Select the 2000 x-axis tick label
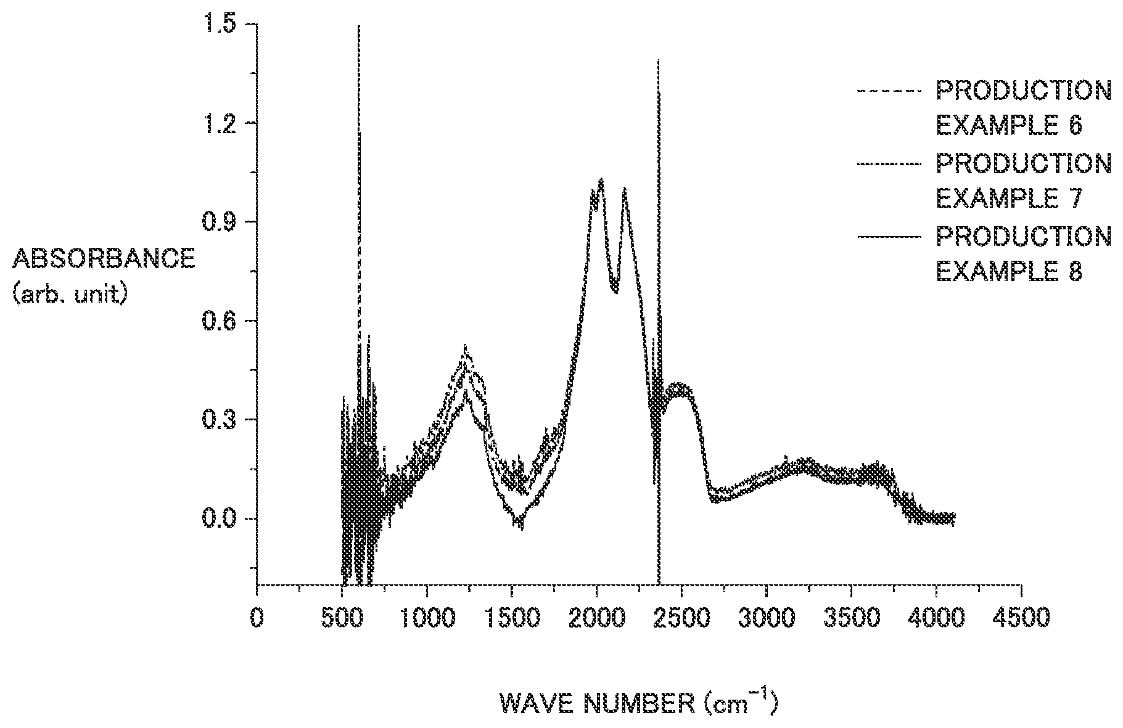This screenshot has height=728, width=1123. click(596, 617)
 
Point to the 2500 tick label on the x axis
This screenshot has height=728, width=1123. click(681, 617)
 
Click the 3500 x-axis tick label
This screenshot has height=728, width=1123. click(851, 617)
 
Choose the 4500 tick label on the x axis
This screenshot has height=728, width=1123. click(1021, 617)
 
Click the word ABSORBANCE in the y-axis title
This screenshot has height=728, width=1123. click(103, 259)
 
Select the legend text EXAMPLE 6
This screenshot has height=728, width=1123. click(1010, 126)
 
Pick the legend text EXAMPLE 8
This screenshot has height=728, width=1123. click(1010, 271)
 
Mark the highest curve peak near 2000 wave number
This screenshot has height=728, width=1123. click(600, 179)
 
